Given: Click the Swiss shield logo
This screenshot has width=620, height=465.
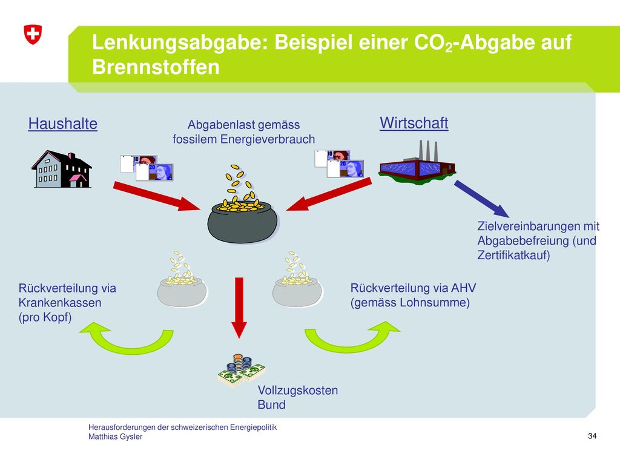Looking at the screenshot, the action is [33, 35].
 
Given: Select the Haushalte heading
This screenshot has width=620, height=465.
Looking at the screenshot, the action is [63, 124].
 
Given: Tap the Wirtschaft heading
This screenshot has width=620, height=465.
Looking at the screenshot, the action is [414, 123].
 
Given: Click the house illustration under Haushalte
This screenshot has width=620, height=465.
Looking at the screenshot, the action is [62, 169].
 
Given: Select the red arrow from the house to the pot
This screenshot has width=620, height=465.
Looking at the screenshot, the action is [157, 196].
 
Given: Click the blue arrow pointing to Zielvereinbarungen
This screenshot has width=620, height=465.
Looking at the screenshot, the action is [481, 199].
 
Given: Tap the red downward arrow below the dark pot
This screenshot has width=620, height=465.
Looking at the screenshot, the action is [239, 308].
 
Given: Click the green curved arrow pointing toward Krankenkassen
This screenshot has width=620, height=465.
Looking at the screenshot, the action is [128, 341].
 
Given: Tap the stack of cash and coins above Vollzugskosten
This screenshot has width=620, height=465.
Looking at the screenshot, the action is [241, 371].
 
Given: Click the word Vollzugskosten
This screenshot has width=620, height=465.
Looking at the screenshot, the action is [298, 391].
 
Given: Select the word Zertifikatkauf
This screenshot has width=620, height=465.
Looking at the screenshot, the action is [513, 255].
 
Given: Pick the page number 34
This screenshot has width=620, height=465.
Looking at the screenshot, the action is [592, 436].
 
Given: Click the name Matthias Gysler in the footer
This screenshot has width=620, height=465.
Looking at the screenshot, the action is [116, 437].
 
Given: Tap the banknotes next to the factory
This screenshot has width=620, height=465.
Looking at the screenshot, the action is [339, 163].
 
